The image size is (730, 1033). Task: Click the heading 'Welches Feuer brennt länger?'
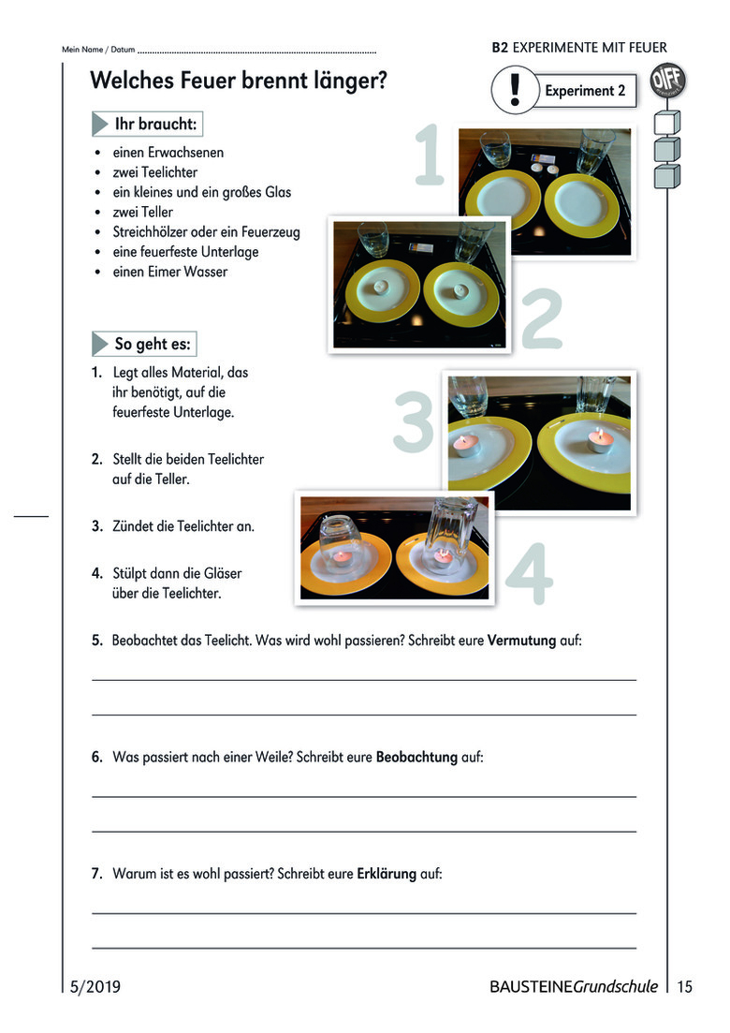pyautogui.click(x=239, y=81)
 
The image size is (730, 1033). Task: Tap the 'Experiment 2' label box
pyautogui.click(x=585, y=91)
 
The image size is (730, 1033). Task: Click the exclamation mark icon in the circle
pyautogui.click(x=514, y=90)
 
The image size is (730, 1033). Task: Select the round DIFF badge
pyautogui.click(x=667, y=81)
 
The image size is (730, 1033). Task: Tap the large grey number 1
pyautogui.click(x=430, y=154)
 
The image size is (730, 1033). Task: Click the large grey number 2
pyautogui.click(x=541, y=318)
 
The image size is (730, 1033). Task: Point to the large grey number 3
pyautogui.click(x=414, y=421)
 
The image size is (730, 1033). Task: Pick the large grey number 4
pyautogui.click(x=529, y=574)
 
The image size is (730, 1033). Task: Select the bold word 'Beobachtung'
pyautogui.click(x=416, y=757)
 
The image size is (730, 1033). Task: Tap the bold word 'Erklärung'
pyautogui.click(x=387, y=874)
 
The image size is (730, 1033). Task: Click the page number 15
pyautogui.click(x=685, y=986)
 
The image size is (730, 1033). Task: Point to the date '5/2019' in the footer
pyautogui.click(x=95, y=986)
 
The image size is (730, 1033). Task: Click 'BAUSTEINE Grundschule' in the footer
pyautogui.click(x=573, y=986)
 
